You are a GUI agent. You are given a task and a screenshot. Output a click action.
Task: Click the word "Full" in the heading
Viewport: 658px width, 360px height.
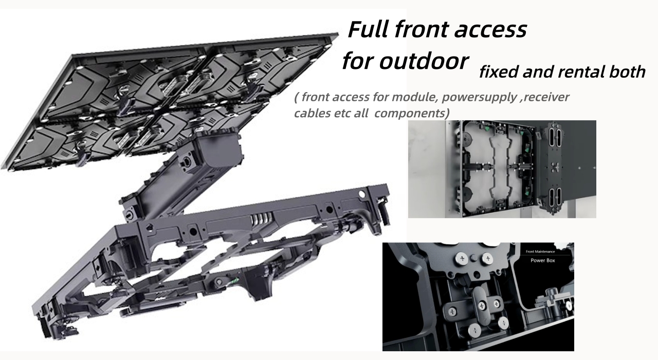click(x=371, y=30)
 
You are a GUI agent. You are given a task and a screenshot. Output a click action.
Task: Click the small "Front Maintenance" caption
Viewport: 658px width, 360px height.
click(x=544, y=251)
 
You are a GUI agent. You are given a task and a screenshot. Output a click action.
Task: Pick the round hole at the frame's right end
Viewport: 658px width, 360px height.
click(x=363, y=195)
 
